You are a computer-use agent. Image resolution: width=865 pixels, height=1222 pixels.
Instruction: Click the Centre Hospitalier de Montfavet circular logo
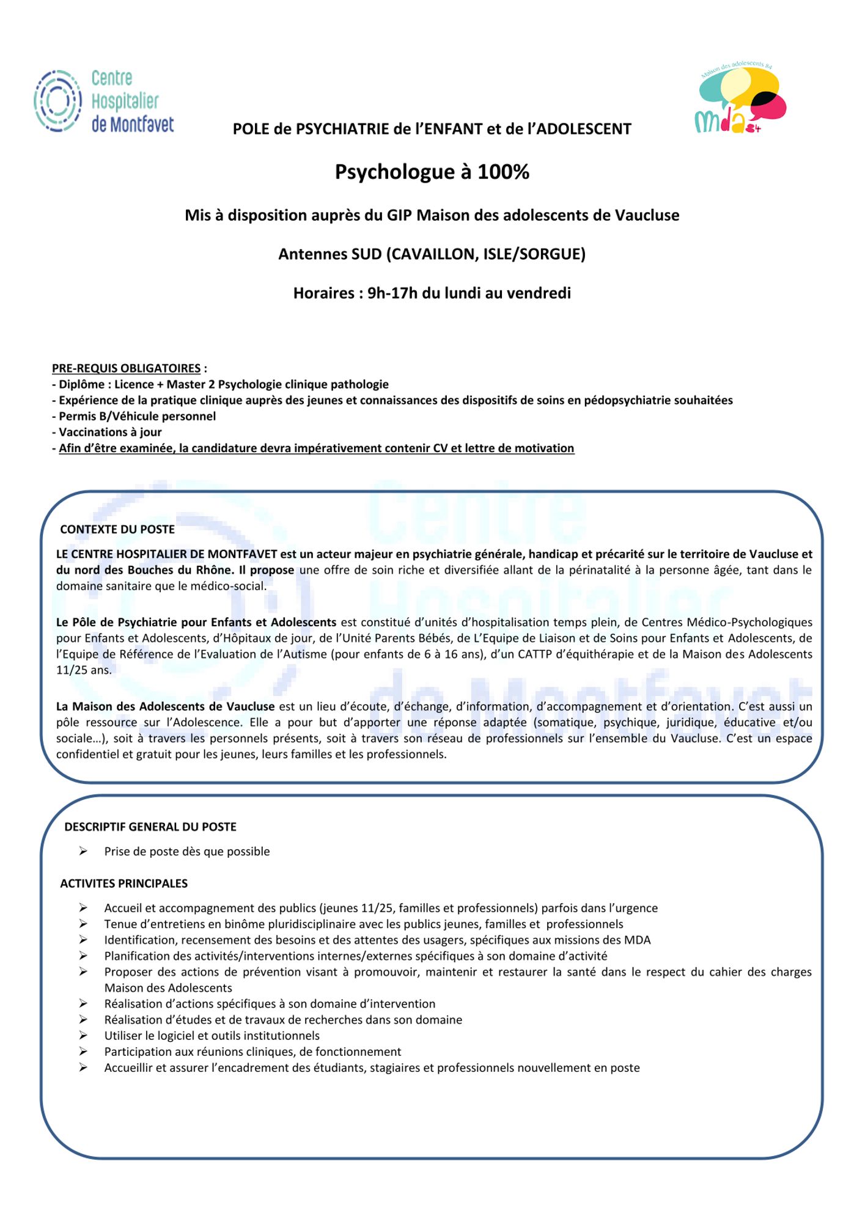tap(58, 101)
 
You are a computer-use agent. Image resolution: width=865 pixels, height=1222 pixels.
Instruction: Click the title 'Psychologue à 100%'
tap(432, 172)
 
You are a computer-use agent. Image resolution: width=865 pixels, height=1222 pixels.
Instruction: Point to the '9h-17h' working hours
tap(392, 293)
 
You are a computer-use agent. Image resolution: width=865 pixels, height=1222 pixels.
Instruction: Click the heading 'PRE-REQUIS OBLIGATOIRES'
tap(127, 368)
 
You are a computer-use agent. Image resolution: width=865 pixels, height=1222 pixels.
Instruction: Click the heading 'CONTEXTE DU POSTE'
tap(117, 529)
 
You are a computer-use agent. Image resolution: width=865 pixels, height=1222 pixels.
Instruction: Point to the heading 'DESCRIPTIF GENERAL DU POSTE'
tap(150, 827)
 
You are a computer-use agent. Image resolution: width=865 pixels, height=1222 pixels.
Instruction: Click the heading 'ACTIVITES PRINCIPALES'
tap(123, 884)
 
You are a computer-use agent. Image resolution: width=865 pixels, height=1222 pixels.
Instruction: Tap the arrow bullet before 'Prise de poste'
tap(83, 851)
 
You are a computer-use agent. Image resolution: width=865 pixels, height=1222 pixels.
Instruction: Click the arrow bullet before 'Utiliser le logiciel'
tap(83, 1036)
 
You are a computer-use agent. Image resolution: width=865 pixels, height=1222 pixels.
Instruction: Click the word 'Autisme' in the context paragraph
tap(307, 654)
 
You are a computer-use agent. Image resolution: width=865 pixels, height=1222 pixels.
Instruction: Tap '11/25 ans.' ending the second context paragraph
tap(84, 670)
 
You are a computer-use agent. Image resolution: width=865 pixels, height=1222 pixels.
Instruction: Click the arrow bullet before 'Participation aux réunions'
tap(83, 1052)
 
